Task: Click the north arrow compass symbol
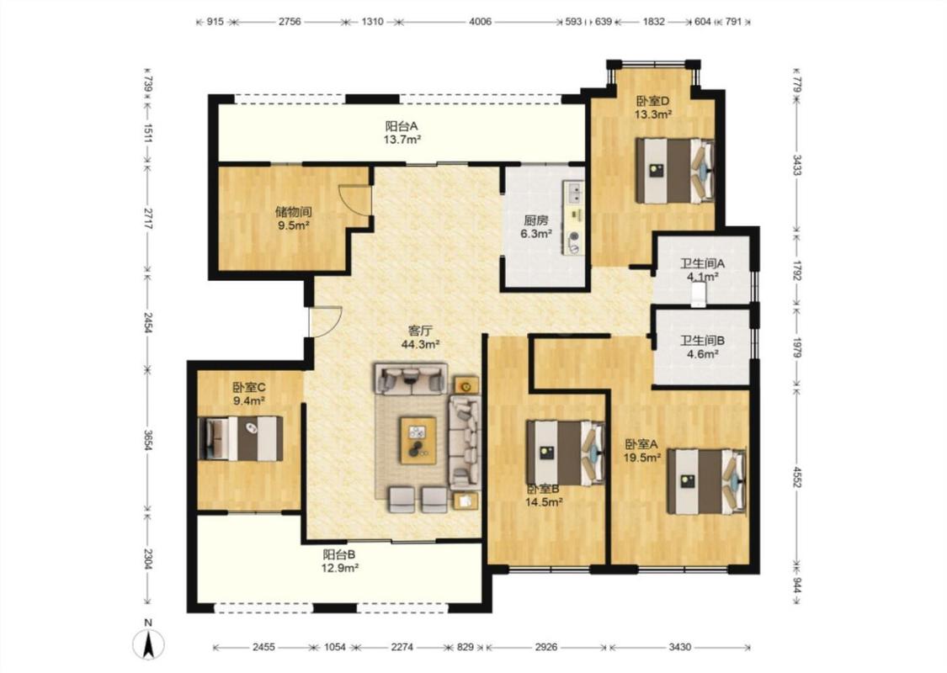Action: point(148,644)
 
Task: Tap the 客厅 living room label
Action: point(420,331)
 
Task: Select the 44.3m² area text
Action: point(420,345)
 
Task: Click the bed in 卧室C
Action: point(241,438)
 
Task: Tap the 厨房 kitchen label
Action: point(535,220)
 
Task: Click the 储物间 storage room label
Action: point(293,212)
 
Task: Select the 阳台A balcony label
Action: point(402,126)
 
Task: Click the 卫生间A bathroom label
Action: point(702,263)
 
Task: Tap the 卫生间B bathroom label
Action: point(702,341)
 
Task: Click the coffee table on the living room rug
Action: point(418,441)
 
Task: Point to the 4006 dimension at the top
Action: point(480,22)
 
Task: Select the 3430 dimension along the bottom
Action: point(679,647)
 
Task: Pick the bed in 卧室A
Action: point(706,481)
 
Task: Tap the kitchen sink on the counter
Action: point(573,193)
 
